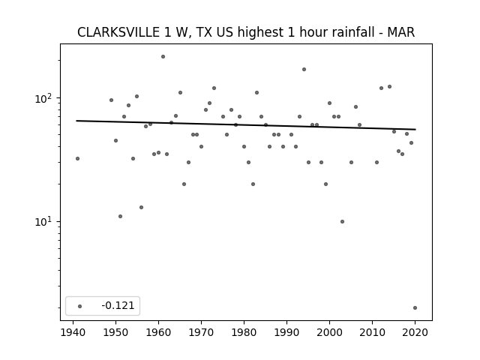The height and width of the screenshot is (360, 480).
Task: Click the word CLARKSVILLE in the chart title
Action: tap(118, 32)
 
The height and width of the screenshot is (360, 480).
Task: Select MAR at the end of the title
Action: tap(400, 32)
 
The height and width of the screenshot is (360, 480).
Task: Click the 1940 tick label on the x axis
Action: tap(73, 332)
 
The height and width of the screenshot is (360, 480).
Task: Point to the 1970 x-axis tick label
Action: tap(201, 332)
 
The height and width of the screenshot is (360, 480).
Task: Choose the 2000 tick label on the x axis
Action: tap(329, 332)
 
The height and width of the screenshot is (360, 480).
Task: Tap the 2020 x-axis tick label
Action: tap(415, 332)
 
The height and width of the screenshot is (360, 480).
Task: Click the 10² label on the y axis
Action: tap(45, 98)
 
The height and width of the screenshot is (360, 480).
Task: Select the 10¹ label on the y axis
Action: tap(45, 222)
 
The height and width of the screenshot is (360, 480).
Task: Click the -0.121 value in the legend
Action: tap(118, 305)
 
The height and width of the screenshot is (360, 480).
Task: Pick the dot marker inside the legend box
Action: tap(80, 306)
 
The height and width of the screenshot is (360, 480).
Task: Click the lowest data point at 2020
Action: tap(415, 308)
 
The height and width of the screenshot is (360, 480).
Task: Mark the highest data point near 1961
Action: tap(163, 57)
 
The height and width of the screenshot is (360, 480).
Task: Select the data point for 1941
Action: tap(78, 158)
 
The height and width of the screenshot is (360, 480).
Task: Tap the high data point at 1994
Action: tap(304, 70)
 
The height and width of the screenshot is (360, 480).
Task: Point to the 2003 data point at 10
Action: tap(342, 222)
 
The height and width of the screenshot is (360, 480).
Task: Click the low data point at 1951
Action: tap(120, 217)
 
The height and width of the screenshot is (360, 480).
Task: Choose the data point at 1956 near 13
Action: tap(142, 208)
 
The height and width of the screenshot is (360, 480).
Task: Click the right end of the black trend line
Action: tap(415, 130)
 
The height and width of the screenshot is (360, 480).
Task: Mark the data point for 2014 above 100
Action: tap(390, 87)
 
